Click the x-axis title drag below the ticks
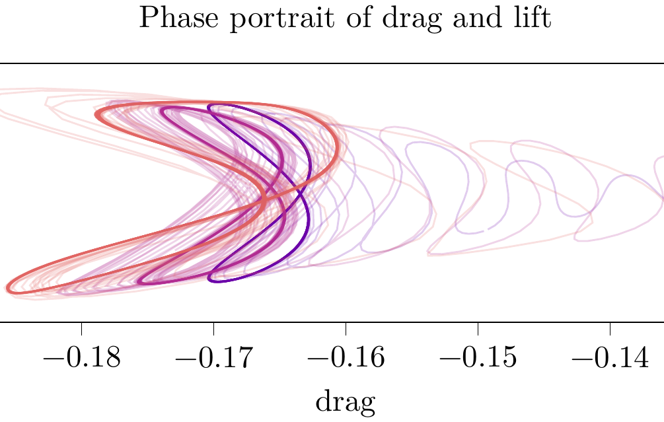click(346, 401)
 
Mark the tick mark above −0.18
click(81, 328)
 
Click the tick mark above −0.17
click(213, 328)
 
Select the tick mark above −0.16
click(346, 328)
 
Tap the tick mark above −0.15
click(478, 328)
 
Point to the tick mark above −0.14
click(610, 328)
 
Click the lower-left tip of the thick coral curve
click(8, 288)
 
